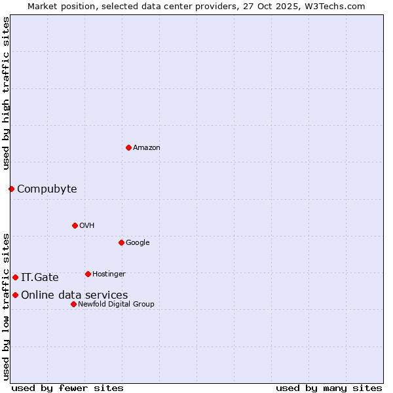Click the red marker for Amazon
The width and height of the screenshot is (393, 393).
click(128, 147)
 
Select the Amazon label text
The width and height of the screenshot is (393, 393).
click(147, 148)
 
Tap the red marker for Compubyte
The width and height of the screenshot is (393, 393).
click(11, 189)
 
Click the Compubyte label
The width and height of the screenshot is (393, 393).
click(47, 189)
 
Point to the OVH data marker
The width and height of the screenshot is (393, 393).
click(75, 225)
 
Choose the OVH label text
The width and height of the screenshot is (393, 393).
click(87, 226)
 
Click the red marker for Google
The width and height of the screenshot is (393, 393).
click(121, 242)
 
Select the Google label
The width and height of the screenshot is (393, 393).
click(138, 243)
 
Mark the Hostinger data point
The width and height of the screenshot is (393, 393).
click(88, 274)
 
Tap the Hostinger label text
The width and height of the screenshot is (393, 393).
click(109, 274)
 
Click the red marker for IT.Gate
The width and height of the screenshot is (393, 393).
click(15, 277)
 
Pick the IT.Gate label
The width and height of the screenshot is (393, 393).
click(40, 278)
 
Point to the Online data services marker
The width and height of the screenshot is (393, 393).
click(15, 295)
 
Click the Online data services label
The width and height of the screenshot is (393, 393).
click(75, 295)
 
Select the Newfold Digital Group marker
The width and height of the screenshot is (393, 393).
click(73, 304)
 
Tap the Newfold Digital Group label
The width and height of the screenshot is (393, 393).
click(116, 305)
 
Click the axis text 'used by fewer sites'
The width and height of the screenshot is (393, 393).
click(67, 388)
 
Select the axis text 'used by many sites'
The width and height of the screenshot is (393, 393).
click(329, 388)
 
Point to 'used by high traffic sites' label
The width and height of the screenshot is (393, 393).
click(6, 93)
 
